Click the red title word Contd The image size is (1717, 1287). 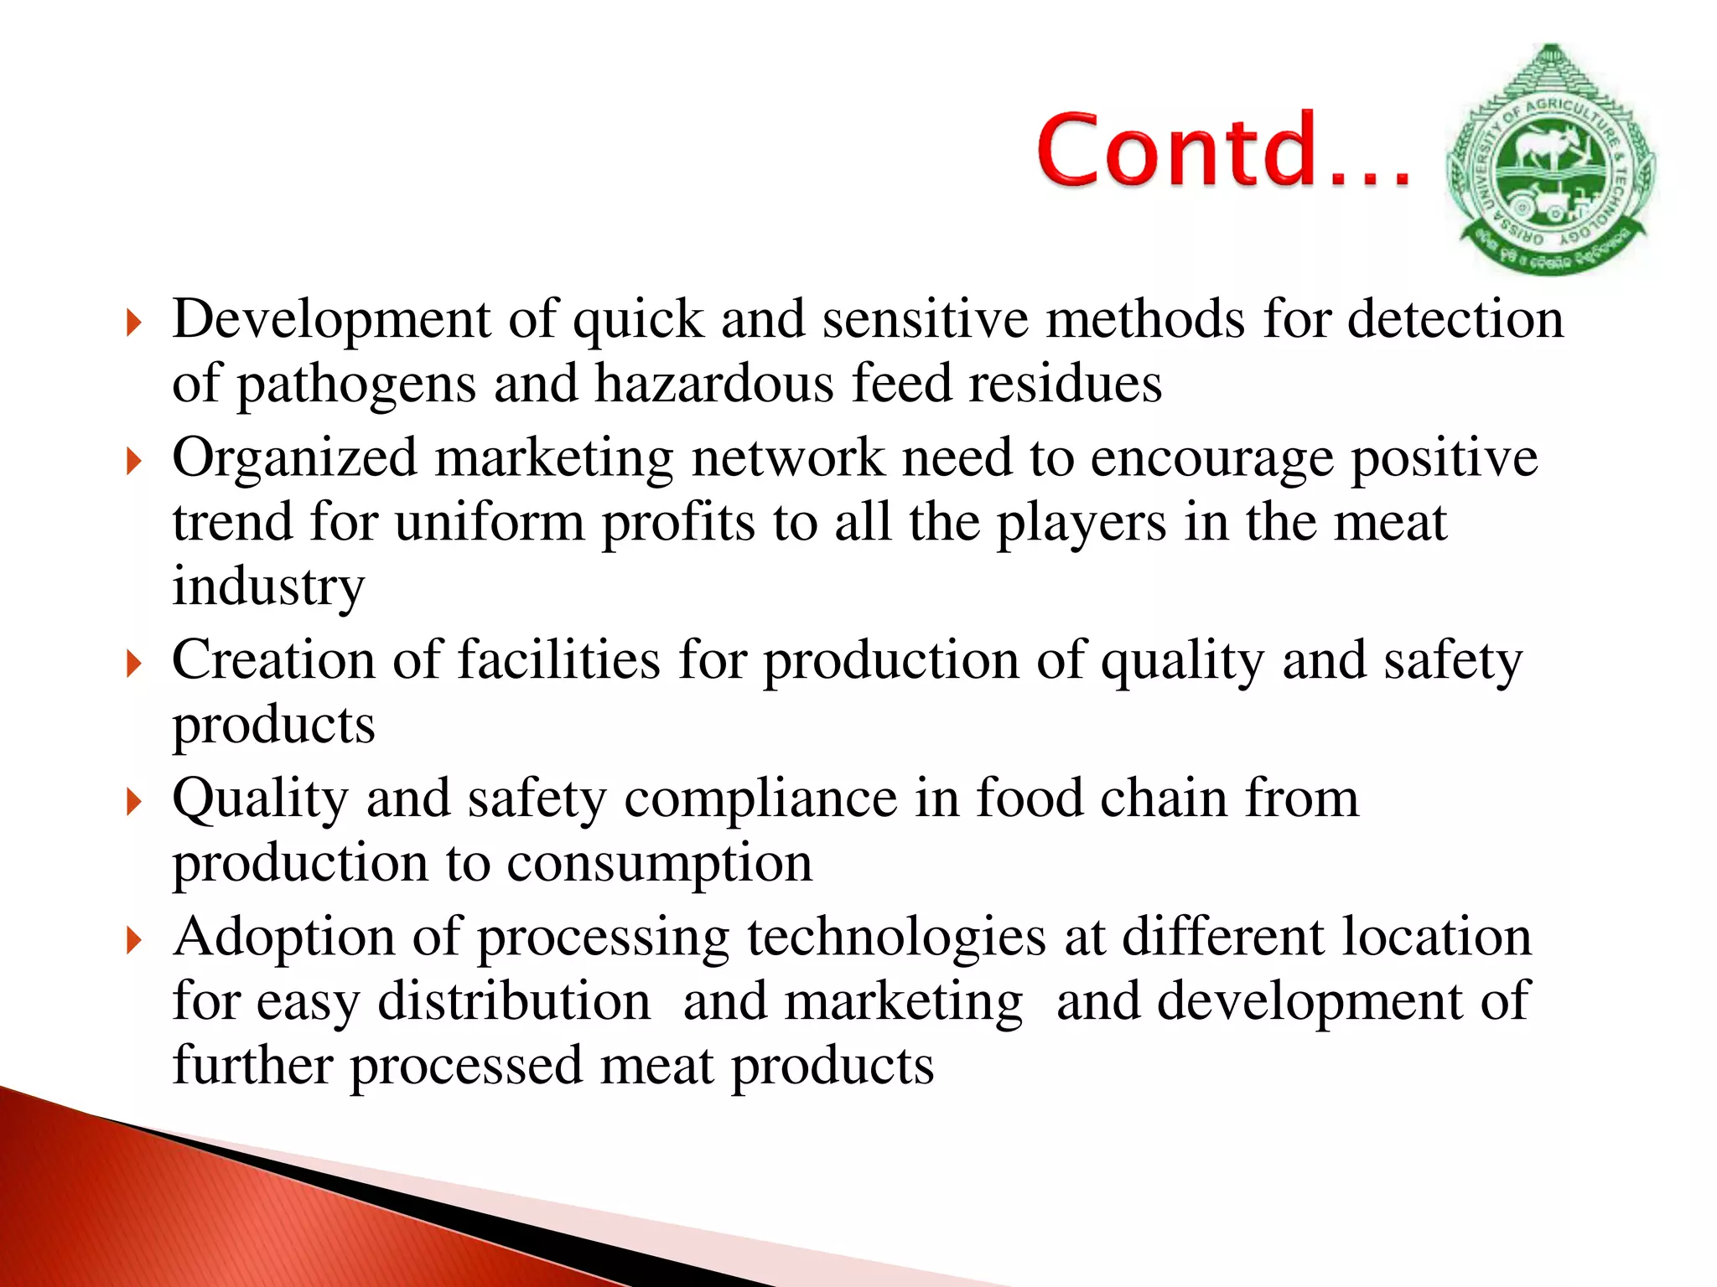click(x=1224, y=151)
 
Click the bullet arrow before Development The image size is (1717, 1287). click(x=133, y=322)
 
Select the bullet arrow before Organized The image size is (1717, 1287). click(x=133, y=460)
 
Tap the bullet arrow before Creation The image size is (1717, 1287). click(x=133, y=663)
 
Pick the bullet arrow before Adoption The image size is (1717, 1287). click(x=133, y=939)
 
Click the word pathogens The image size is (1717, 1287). click(x=355, y=385)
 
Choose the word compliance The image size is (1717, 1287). click(x=760, y=799)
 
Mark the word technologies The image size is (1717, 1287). click(x=896, y=938)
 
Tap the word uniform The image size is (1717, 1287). click(x=489, y=523)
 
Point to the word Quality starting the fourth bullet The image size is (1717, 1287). click(x=260, y=799)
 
